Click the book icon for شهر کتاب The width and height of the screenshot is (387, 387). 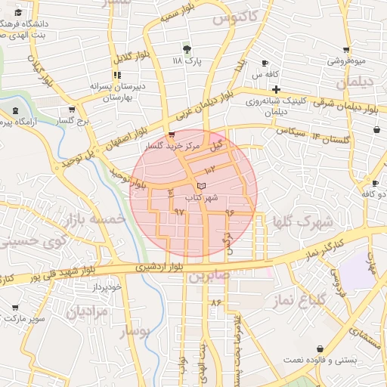point(200,185)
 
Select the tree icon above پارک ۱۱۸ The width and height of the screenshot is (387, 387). point(187,48)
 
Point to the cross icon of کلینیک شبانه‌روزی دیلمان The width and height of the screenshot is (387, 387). point(277,89)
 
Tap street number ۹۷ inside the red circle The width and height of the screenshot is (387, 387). point(179,212)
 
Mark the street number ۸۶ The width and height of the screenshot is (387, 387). point(217,303)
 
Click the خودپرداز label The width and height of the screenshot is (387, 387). point(104,287)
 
